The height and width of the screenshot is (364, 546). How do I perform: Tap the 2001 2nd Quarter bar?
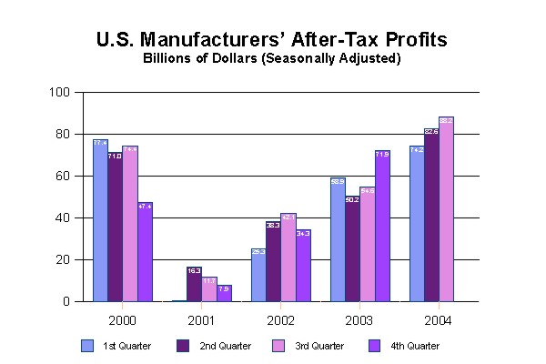coord(194,284)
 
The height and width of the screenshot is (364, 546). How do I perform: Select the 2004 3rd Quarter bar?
coord(446,209)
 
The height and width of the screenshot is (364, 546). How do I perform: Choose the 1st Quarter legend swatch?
coord(87,346)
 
